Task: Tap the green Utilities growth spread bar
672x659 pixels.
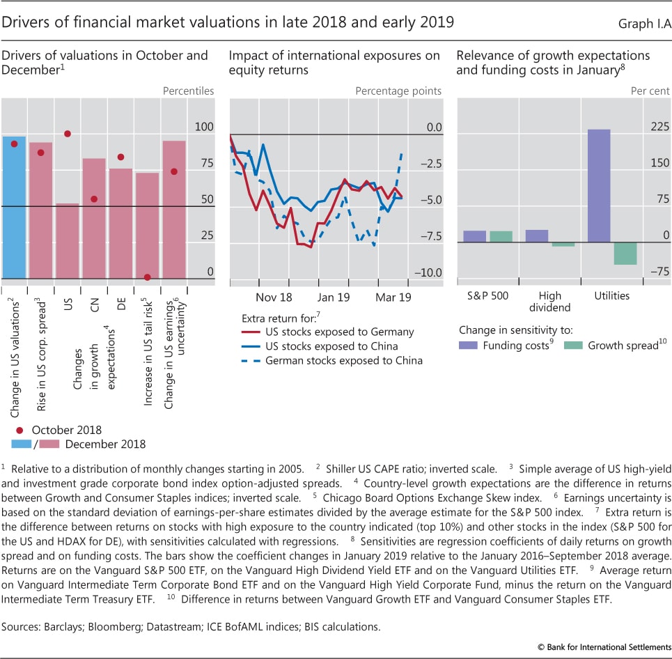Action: tap(625, 254)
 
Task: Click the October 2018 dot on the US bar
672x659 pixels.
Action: tap(68, 134)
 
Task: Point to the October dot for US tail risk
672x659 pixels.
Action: tap(147, 277)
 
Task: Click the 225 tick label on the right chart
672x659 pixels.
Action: tap(659, 127)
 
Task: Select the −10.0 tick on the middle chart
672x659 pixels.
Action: tap(428, 272)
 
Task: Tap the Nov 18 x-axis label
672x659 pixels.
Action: tap(274, 296)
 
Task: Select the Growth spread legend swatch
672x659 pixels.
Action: tap(573, 345)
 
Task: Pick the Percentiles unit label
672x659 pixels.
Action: tap(188, 91)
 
